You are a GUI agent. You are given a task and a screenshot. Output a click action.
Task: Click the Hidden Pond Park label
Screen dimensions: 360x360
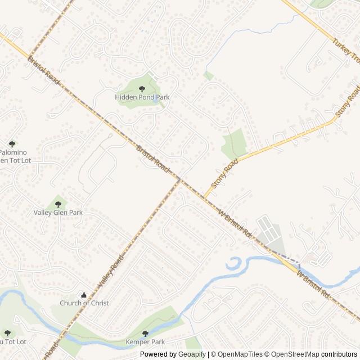[142, 97]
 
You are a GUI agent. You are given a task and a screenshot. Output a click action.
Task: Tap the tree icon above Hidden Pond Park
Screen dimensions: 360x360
[142, 88]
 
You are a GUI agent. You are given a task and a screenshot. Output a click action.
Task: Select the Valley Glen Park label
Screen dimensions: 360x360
[58, 213]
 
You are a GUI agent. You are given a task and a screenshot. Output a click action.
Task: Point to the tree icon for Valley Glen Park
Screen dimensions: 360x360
[58, 204]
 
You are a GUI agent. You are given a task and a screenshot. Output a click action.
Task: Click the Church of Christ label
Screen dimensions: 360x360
[84, 303]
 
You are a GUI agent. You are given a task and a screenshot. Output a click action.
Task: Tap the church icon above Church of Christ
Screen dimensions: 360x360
[84, 295]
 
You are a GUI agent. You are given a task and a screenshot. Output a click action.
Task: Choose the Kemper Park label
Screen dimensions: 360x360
[145, 341]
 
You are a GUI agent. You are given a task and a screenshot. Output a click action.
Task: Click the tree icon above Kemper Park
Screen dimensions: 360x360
[145, 333]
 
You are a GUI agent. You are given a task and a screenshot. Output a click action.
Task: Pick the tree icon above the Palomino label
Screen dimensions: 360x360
[12, 144]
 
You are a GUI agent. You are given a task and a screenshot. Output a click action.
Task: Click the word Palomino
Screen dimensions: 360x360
[13, 152]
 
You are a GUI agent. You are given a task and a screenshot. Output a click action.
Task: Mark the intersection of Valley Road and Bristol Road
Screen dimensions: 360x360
[179, 181]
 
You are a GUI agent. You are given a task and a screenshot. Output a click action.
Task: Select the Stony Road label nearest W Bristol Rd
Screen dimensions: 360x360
[224, 173]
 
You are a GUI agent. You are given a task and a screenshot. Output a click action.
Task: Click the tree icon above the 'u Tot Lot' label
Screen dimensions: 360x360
[7, 333]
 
